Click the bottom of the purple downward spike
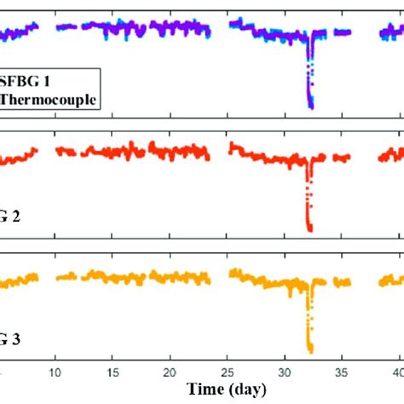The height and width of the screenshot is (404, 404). coord(311,107)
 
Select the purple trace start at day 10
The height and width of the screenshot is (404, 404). coord(58,27)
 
